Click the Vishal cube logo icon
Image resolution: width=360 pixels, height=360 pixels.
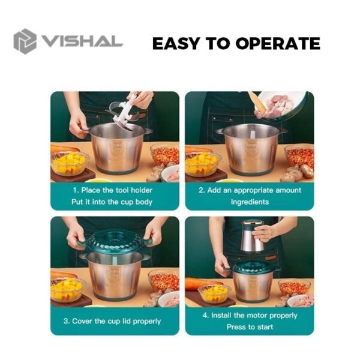(x=25, y=41)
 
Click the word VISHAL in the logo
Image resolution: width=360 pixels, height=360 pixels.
(x=81, y=42)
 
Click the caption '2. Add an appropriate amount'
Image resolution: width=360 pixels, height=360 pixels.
(x=250, y=190)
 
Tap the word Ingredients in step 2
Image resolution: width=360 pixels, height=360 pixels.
(x=250, y=202)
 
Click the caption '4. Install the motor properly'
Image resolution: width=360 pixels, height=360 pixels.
(x=250, y=315)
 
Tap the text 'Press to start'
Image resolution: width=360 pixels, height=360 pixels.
(x=250, y=327)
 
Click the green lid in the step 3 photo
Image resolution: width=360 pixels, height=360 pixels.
(x=114, y=242)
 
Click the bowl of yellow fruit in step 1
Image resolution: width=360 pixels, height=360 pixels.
(x=70, y=163)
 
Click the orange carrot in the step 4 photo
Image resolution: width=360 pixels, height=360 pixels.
(x=199, y=283)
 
